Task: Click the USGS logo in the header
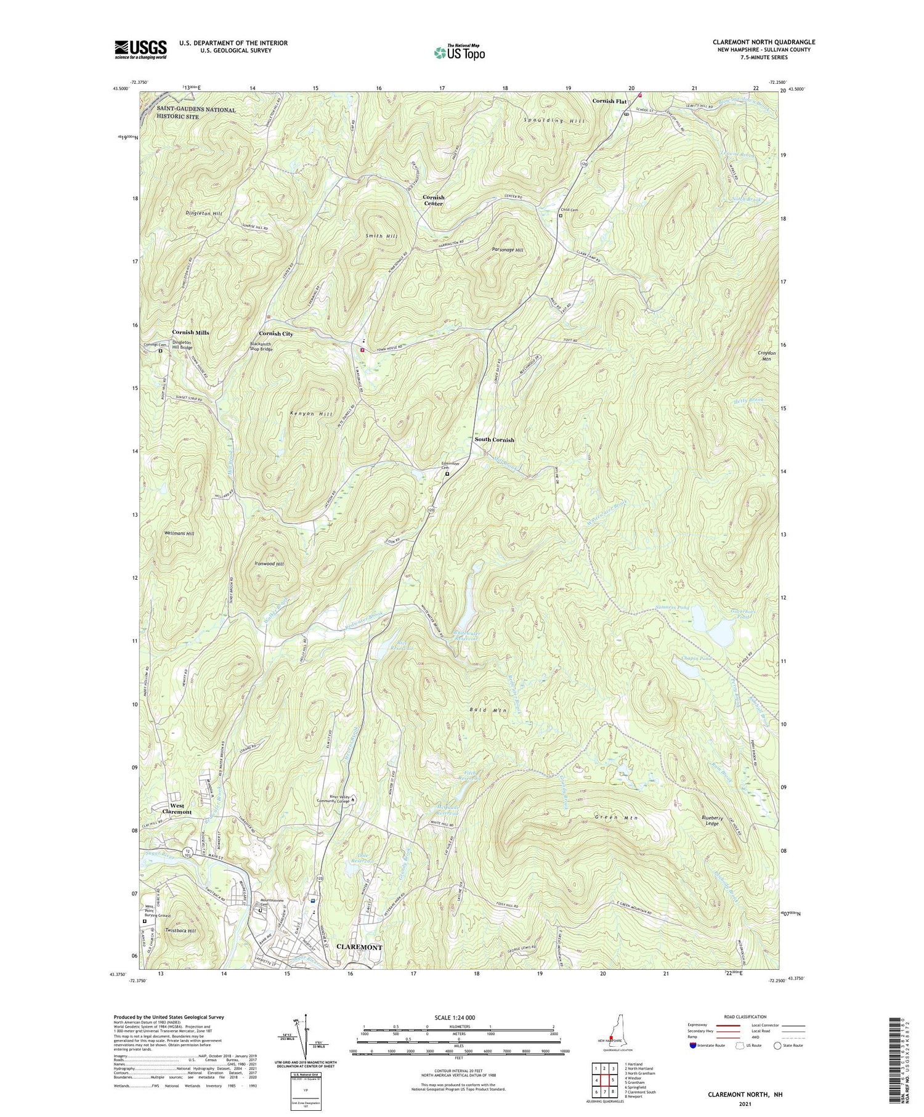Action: pyautogui.click(x=140, y=49)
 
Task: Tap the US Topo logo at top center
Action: pyautogui.click(x=459, y=53)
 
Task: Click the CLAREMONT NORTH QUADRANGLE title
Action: pyautogui.click(x=763, y=42)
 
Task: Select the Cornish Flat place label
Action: pyautogui.click(x=609, y=100)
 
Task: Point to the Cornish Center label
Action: pyautogui.click(x=433, y=200)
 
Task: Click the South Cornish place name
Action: pyautogui.click(x=494, y=440)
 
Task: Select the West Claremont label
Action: pyautogui.click(x=177, y=808)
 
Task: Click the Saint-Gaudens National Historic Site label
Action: pyautogui.click(x=195, y=113)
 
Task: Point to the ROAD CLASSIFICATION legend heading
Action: pyautogui.click(x=727, y=1017)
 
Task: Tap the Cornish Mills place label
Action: pyautogui.click(x=190, y=332)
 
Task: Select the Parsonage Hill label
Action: pyautogui.click(x=508, y=250)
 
